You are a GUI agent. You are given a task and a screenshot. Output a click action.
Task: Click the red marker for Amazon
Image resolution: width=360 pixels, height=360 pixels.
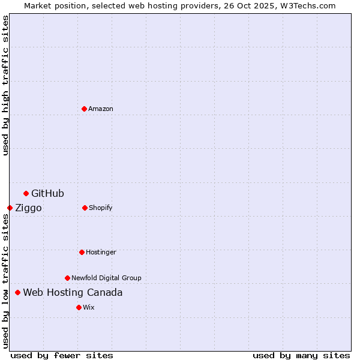[84, 109]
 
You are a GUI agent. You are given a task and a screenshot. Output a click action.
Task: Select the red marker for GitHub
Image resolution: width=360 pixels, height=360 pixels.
[26, 193]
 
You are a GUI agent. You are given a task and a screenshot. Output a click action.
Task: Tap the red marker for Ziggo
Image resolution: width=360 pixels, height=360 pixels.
[10, 208]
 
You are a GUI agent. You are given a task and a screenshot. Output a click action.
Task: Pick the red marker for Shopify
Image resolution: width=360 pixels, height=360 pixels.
[85, 208]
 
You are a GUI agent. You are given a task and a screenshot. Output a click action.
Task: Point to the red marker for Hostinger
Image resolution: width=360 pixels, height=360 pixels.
[82, 252]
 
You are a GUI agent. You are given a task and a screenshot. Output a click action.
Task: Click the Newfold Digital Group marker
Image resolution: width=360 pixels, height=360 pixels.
[67, 278]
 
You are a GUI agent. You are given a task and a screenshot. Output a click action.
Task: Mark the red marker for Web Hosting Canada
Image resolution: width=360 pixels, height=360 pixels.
[17, 292]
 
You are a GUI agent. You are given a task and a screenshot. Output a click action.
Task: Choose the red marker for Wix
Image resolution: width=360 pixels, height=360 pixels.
[79, 307]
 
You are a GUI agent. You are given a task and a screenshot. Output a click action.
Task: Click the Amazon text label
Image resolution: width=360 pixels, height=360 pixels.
[101, 109]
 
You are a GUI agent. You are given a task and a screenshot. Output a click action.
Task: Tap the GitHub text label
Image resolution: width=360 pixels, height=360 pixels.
[47, 193]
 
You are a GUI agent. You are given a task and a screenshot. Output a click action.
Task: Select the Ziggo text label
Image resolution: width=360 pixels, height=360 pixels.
[28, 208]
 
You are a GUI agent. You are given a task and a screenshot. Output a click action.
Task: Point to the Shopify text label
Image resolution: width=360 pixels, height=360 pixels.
[101, 208]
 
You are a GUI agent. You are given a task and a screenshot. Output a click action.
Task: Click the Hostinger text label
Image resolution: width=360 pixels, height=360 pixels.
[101, 252]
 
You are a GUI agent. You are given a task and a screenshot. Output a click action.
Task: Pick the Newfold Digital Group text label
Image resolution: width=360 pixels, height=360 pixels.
[106, 278]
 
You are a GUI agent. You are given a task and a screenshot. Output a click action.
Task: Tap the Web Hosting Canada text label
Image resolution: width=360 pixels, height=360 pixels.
[73, 292]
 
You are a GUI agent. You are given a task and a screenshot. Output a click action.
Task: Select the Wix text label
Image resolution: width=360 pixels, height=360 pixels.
[89, 307]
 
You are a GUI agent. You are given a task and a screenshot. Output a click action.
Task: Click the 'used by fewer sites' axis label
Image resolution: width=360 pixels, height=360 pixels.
[62, 355]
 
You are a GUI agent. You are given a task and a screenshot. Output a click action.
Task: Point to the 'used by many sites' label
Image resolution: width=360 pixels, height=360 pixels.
[301, 355]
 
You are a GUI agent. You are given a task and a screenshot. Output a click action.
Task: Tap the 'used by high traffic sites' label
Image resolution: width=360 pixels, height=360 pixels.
[5, 86]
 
